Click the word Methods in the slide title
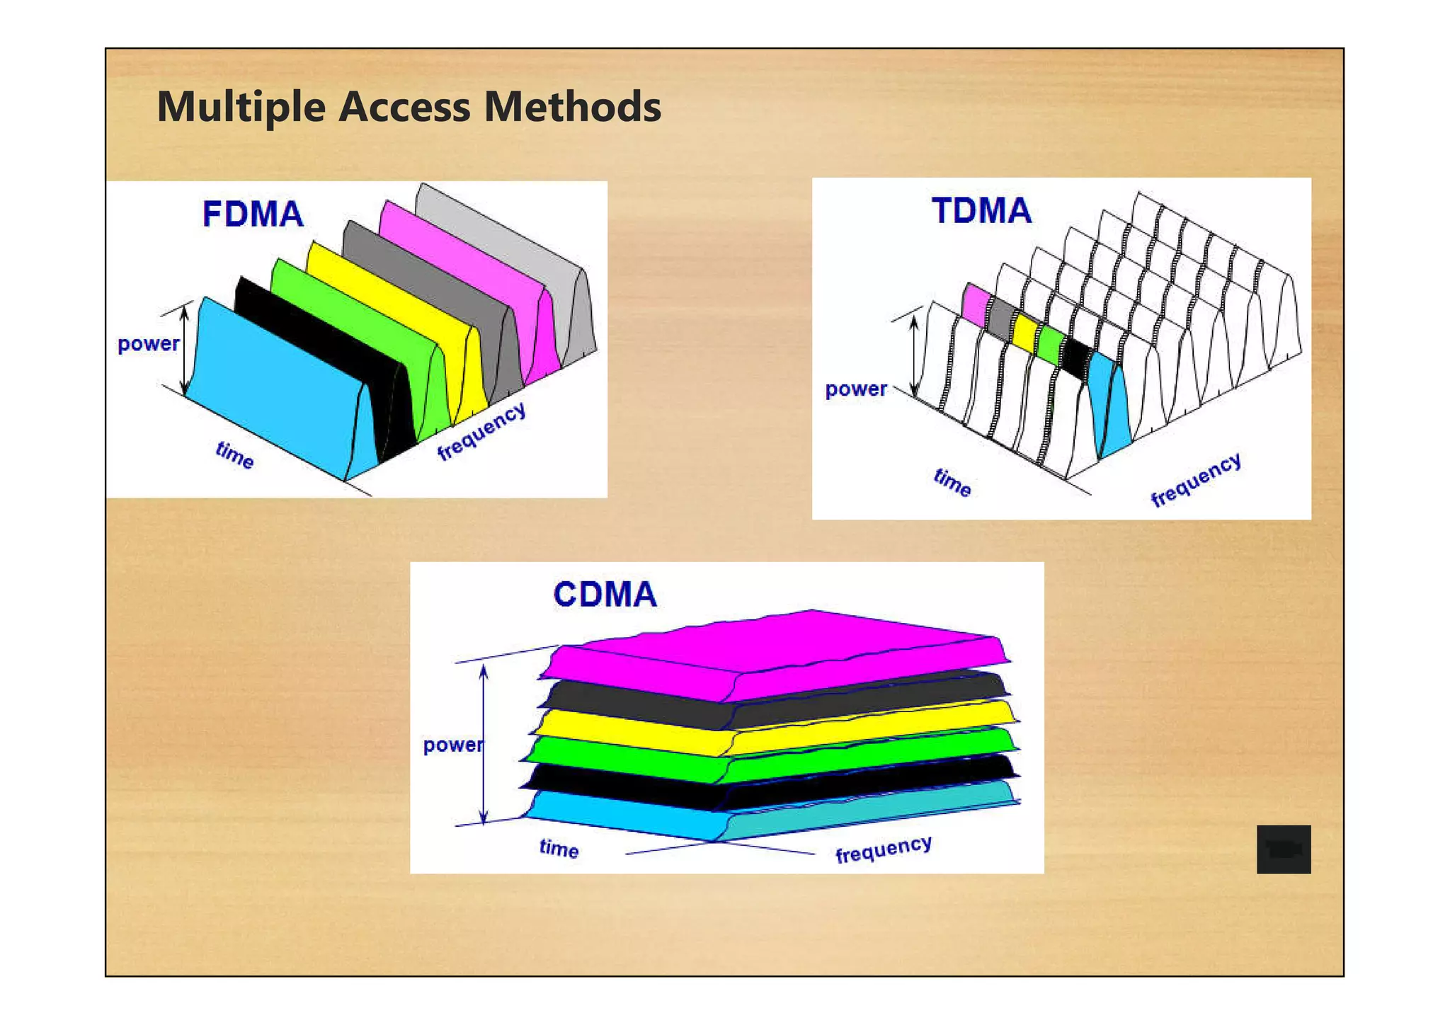click(572, 107)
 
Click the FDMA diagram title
click(253, 214)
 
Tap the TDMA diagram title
click(981, 211)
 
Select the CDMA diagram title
click(605, 595)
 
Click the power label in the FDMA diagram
click(148, 344)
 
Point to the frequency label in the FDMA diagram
click(481, 431)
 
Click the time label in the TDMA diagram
click(952, 482)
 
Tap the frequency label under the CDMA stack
click(883, 849)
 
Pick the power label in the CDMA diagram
click(452, 745)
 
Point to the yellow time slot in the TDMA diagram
click(1024, 330)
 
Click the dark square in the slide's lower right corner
click(1283, 849)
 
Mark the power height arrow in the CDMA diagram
click(484, 743)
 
